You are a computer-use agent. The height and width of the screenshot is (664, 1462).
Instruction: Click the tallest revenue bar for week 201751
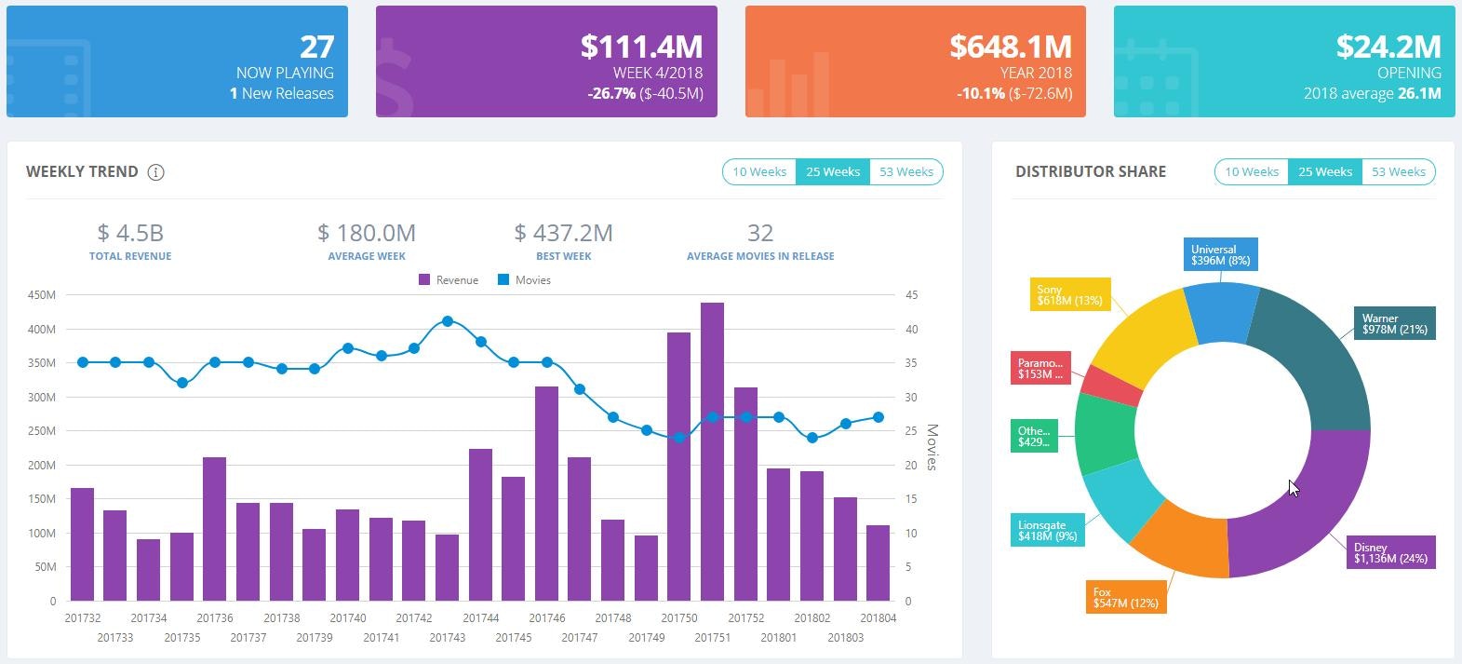pyautogui.click(x=712, y=452)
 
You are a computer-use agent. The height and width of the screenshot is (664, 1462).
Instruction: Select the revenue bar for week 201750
pyautogui.click(x=679, y=466)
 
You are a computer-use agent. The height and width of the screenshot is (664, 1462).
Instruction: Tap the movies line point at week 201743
pyautogui.click(x=448, y=321)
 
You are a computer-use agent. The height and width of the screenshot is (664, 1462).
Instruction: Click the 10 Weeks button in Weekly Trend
pyautogui.click(x=758, y=171)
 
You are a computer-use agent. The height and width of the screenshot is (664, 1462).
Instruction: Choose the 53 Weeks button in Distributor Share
pyautogui.click(x=1398, y=171)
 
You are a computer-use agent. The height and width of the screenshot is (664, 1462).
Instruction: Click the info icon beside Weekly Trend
pyautogui.click(x=156, y=172)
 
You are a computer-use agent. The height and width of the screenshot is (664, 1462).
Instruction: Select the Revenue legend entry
pyautogui.click(x=449, y=280)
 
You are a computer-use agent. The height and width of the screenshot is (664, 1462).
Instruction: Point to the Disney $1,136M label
pyautogui.click(x=1390, y=553)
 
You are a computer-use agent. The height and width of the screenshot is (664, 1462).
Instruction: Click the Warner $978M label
pyautogui.click(x=1394, y=323)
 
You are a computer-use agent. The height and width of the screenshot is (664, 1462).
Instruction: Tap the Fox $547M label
pyautogui.click(x=1125, y=598)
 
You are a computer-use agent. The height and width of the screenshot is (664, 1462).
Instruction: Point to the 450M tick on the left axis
pyautogui.click(x=42, y=295)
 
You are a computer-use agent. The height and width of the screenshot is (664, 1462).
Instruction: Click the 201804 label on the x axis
pyautogui.click(x=878, y=618)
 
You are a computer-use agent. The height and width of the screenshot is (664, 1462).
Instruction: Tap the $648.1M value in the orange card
pyautogui.click(x=1010, y=47)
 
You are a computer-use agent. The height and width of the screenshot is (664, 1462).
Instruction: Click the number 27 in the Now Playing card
pyautogui.click(x=316, y=47)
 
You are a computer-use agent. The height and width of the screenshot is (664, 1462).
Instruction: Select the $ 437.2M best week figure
pyautogui.click(x=563, y=233)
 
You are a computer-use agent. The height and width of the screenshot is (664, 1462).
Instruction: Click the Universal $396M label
pyautogui.click(x=1220, y=255)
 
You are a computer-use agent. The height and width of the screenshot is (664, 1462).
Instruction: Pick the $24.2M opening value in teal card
pyautogui.click(x=1388, y=47)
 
